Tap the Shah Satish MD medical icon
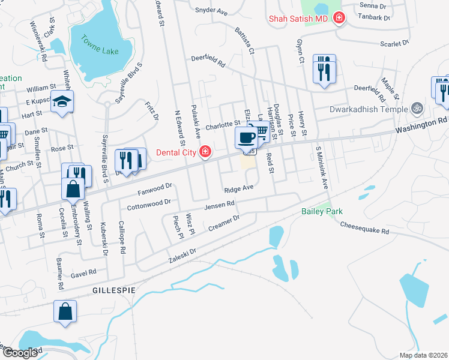click(x=339, y=19)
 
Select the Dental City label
click(x=176, y=152)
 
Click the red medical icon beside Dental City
click(x=205, y=151)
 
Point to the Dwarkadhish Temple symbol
click(x=416, y=109)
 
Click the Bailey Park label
click(x=322, y=212)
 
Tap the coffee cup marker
click(x=246, y=138)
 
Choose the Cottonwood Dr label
click(x=149, y=205)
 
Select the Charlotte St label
click(x=223, y=125)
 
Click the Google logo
click(x=20, y=353)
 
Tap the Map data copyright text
click(x=423, y=355)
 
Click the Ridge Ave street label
click(x=240, y=189)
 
